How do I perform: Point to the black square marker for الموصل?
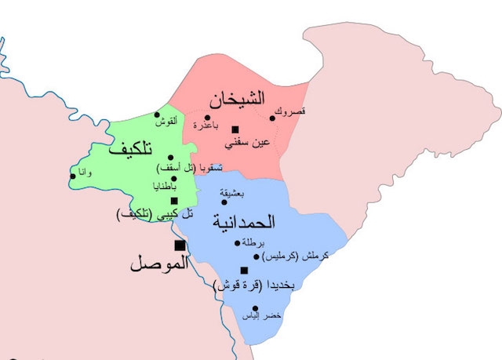point(180,246)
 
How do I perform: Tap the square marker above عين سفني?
point(235,129)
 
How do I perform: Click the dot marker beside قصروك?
point(273,118)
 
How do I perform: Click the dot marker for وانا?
point(73,176)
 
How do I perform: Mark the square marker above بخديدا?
point(244,271)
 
